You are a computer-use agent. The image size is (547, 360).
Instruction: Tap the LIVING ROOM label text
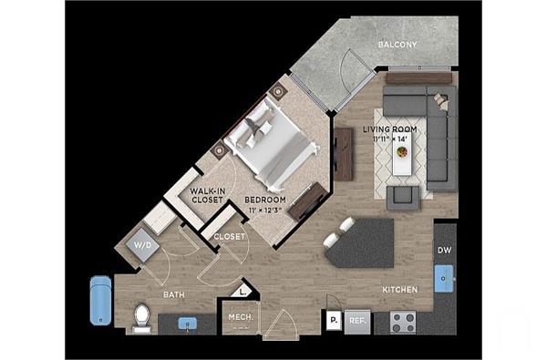[x=389, y=129]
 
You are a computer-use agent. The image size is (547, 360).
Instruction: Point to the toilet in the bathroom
[x=141, y=316]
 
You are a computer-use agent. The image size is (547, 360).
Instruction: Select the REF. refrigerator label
[x=357, y=321]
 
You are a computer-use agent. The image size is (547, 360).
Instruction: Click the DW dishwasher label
[x=445, y=252]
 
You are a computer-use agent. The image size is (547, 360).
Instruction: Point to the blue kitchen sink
[x=444, y=277]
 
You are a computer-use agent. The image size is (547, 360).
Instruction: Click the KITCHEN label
[x=400, y=290]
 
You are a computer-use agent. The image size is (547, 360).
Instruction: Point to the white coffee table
[x=401, y=160]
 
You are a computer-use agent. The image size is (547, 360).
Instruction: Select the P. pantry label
[x=335, y=321]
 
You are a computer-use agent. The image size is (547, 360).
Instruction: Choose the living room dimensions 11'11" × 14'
[x=391, y=139]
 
